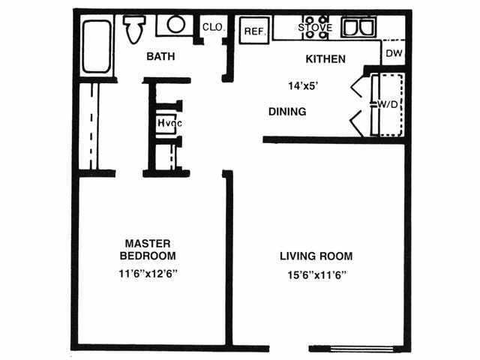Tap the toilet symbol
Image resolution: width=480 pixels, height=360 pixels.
click(135, 28)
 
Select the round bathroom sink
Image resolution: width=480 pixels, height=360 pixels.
click(175, 24)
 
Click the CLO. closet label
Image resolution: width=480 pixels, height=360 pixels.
click(212, 28)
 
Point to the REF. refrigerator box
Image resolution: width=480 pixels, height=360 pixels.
click(253, 31)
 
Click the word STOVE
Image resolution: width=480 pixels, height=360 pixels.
click(315, 28)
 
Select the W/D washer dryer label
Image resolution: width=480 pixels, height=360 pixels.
click(388, 103)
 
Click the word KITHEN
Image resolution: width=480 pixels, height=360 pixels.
click(325, 58)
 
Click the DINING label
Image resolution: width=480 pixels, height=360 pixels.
click(287, 112)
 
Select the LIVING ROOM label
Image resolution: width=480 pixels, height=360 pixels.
click(316, 256)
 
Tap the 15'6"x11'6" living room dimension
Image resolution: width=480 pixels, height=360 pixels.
click(316, 274)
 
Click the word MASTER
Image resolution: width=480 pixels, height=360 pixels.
click(148, 243)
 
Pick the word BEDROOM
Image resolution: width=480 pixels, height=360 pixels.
click(148, 256)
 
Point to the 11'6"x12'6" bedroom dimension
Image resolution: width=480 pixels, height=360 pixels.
click(148, 273)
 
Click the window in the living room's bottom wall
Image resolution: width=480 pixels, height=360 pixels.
click(365, 348)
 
